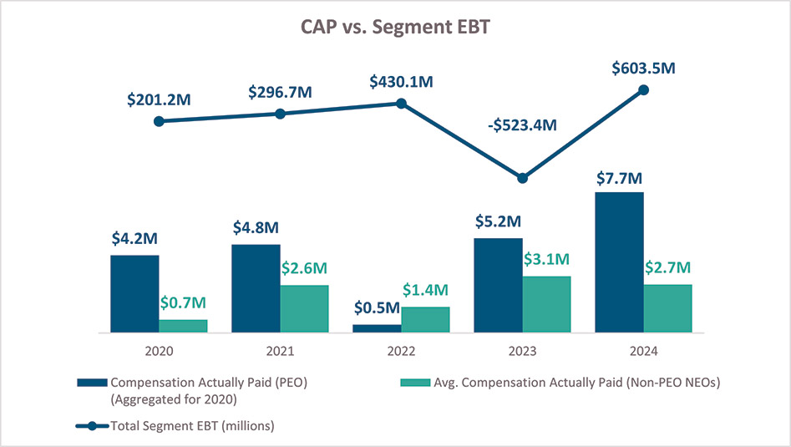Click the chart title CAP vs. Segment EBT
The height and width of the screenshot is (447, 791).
(395, 26)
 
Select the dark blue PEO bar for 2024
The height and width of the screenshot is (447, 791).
(620, 262)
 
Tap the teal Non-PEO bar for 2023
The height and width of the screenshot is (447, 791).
(546, 304)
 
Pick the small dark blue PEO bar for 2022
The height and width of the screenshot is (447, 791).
(377, 328)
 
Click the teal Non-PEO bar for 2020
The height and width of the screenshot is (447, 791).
(183, 326)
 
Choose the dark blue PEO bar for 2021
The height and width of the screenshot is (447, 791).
(256, 288)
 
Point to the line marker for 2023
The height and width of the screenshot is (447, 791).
(523, 178)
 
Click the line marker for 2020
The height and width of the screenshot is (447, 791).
(160, 121)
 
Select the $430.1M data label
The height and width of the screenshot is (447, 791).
(402, 83)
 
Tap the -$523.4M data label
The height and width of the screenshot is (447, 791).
(523, 126)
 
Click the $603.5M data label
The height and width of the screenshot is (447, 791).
(642, 68)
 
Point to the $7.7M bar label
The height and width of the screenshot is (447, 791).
(619, 179)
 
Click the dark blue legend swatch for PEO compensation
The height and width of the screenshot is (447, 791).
(92, 383)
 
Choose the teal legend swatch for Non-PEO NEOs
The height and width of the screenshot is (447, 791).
(415, 383)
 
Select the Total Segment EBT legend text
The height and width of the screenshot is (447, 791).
(192, 426)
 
